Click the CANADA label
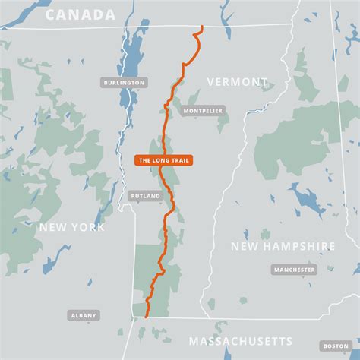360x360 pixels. (x=80, y=14)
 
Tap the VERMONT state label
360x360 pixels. (x=238, y=81)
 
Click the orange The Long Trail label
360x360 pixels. (x=163, y=160)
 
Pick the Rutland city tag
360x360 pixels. (x=145, y=196)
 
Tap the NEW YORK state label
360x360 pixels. (x=72, y=227)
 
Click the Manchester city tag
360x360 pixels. (x=294, y=270)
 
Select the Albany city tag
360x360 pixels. (x=84, y=314)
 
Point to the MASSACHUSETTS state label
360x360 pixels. (x=241, y=341)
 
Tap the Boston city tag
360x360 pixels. (x=335, y=346)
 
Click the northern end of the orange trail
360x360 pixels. (x=202, y=27)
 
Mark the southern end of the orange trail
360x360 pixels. (x=145, y=316)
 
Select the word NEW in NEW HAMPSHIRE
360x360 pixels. (x=246, y=246)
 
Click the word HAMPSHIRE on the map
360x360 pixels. (x=300, y=246)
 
